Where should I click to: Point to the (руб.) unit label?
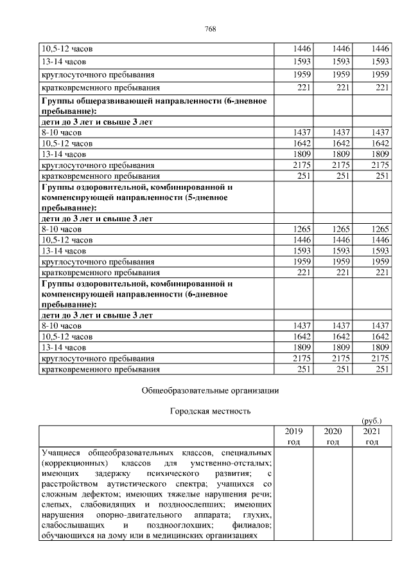click(x=372, y=420)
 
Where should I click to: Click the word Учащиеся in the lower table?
click(x=60, y=453)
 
